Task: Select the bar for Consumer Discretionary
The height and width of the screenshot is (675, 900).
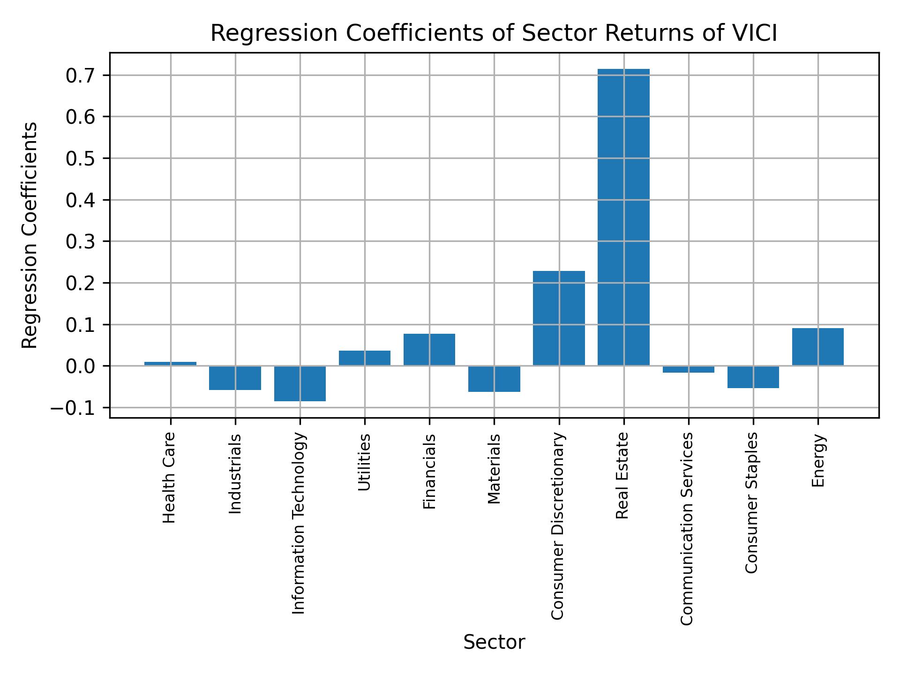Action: click(559, 318)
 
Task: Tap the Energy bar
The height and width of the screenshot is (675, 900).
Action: click(817, 347)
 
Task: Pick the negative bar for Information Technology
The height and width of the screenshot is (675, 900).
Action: click(300, 383)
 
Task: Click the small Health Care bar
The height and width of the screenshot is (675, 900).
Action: click(170, 364)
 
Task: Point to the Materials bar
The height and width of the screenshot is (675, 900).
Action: click(494, 379)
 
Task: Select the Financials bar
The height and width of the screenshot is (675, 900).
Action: click(429, 350)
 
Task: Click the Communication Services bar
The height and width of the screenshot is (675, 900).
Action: click(688, 369)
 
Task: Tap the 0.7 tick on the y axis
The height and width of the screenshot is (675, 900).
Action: click(81, 75)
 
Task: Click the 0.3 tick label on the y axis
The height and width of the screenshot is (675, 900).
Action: click(81, 242)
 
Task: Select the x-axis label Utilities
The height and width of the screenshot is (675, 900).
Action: click(365, 462)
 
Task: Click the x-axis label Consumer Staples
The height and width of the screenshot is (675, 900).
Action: click(751, 502)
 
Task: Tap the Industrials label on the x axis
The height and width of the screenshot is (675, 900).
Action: click(235, 474)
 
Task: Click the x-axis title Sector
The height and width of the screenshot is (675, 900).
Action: click(494, 642)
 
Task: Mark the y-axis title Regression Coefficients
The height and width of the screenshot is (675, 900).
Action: click(30, 235)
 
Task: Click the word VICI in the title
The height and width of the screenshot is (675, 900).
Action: click(755, 34)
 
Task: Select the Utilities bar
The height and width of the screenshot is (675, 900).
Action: click(365, 358)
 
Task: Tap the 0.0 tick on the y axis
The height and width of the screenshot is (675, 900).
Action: click(81, 366)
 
